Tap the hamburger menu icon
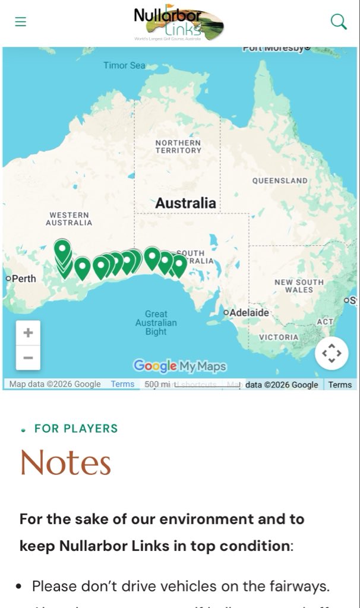coord(21,22)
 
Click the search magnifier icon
coord(338,22)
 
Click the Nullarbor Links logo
coord(178,23)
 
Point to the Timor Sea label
coord(124,65)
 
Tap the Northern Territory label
coord(178,147)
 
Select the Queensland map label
coord(280,180)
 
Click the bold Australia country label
coord(185,203)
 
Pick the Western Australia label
coord(69,218)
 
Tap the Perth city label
coord(23,278)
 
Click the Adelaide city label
coord(249,312)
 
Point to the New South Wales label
coord(299,286)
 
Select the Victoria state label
coord(279,337)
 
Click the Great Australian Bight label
coord(156,322)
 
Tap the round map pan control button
coord(331,354)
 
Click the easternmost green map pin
coord(178,264)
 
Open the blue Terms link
coord(122,384)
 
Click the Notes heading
coord(66,463)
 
